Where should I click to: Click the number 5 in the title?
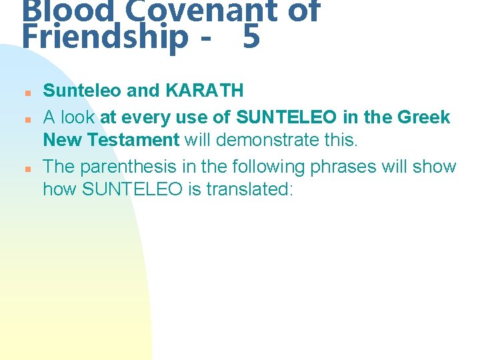(251, 37)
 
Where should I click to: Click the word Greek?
(423, 117)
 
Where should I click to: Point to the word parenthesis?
(135, 166)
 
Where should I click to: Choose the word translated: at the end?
(250, 189)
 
